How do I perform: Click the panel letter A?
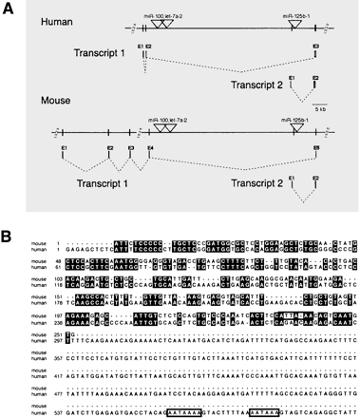tap(9, 9)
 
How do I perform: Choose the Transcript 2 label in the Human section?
tap(250, 87)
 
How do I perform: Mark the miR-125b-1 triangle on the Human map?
tap(297, 27)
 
